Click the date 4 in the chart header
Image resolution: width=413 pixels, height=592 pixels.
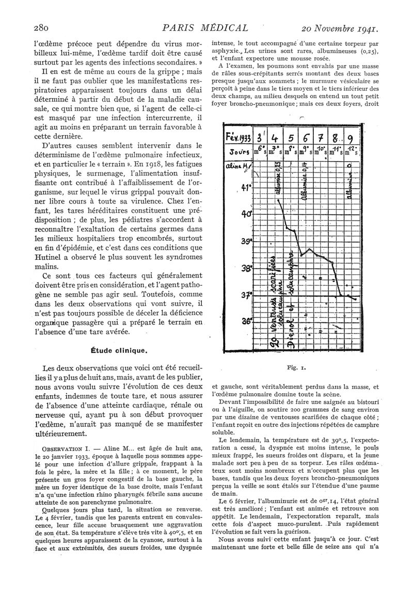pos(274,139)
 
